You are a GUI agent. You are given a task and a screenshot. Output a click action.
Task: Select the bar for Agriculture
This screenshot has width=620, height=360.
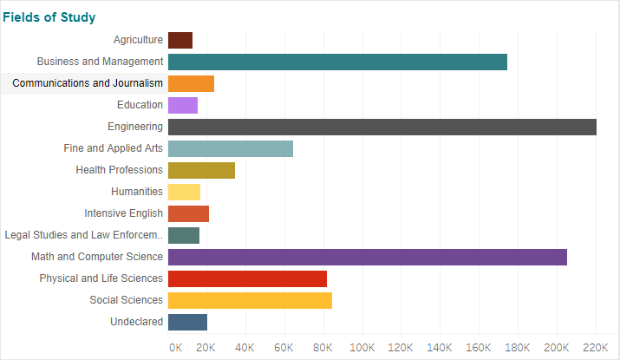click(180, 40)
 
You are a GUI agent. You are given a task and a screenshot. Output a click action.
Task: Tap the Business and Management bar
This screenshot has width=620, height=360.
click(337, 62)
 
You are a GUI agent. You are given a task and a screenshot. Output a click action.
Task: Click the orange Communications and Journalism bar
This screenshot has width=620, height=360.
click(191, 83)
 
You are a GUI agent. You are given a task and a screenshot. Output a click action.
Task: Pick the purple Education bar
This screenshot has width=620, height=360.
click(183, 105)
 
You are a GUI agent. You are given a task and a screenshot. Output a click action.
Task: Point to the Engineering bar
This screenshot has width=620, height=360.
click(382, 127)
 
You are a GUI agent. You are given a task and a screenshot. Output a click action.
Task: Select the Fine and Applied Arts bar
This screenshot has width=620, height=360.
click(231, 148)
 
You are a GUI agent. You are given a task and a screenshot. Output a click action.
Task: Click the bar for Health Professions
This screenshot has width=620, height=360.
click(201, 170)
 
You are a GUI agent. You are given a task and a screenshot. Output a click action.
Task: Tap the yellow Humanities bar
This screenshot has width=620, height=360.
click(184, 192)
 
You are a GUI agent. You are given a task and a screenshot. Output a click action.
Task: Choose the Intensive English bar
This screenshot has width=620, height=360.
click(188, 213)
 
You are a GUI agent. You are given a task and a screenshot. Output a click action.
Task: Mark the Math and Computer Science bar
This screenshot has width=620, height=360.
click(368, 257)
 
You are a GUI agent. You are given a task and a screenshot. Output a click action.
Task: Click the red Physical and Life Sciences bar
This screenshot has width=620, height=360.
click(247, 278)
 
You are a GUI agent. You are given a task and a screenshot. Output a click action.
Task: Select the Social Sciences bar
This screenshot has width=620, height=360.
click(250, 300)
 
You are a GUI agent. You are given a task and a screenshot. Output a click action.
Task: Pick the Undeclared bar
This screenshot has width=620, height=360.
click(187, 322)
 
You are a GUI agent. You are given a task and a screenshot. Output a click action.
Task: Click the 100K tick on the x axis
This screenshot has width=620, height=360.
click(362, 347)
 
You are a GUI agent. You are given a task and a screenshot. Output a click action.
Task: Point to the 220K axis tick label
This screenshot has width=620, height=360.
click(596, 347)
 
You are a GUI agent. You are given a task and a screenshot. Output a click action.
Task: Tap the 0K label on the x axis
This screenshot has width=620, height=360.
click(175, 347)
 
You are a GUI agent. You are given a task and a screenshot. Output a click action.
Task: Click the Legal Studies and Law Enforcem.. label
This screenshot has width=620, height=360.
click(83, 235)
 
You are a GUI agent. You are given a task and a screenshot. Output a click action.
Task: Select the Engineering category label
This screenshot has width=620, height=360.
click(135, 127)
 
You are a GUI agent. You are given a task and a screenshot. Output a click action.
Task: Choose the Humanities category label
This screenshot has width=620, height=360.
click(137, 192)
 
